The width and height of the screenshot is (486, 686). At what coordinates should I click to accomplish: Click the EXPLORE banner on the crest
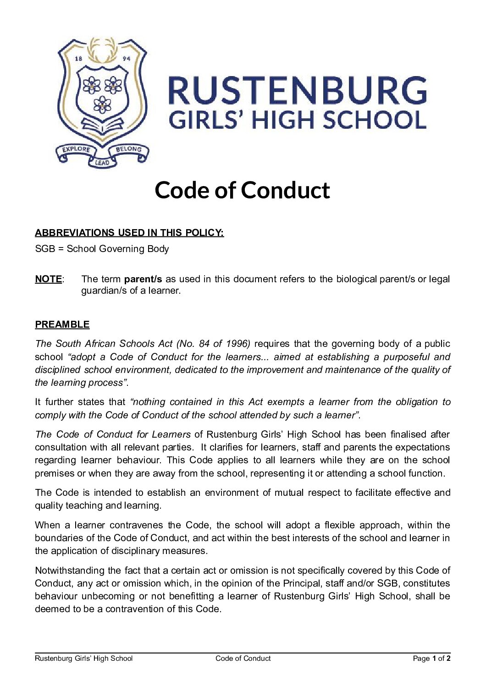[76, 149]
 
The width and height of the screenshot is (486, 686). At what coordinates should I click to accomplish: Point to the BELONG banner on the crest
[128, 149]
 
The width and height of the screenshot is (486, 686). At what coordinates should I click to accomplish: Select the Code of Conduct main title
[242, 190]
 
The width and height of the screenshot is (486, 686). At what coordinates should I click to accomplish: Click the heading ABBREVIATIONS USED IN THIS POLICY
[129, 233]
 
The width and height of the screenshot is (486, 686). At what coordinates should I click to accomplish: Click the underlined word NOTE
[48, 279]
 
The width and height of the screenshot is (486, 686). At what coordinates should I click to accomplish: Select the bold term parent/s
[143, 279]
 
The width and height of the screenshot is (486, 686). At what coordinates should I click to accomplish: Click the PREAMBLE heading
[62, 324]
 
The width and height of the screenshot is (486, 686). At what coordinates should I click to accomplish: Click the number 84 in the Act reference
[205, 344]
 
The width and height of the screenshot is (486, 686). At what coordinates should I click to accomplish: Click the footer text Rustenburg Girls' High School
[83, 659]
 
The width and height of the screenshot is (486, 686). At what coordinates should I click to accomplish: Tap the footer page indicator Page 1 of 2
[431, 659]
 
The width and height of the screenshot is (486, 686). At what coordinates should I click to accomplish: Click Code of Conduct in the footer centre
[243, 659]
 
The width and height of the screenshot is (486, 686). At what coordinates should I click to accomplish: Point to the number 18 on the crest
[78, 59]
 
